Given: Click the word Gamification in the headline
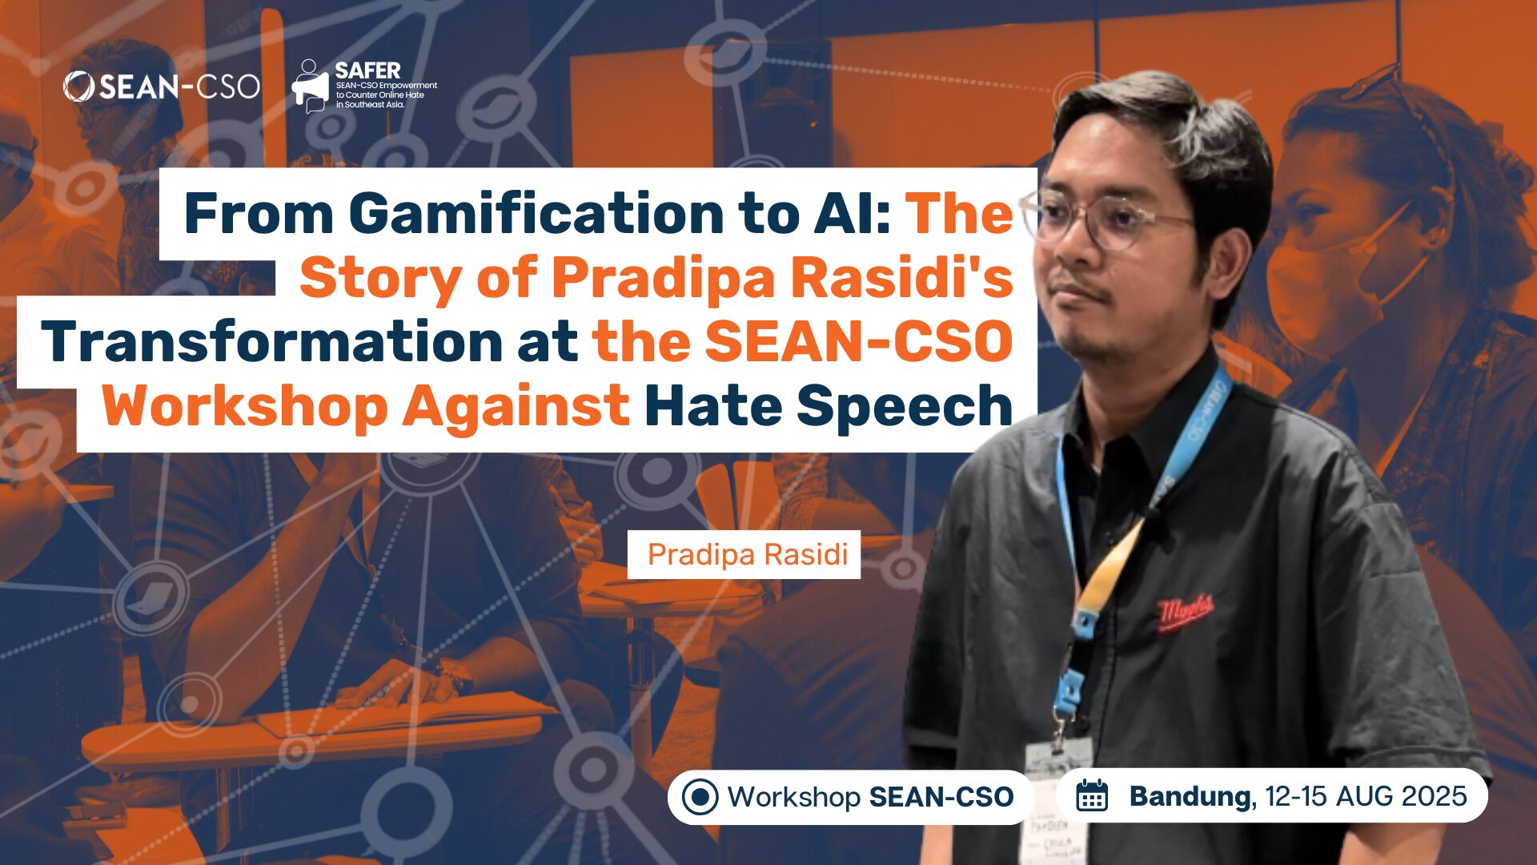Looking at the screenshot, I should point(536,214).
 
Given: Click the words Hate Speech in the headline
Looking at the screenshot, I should point(829,406).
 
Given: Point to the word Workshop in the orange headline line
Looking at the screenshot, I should point(244,406).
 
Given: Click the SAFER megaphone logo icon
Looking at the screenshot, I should point(310,86).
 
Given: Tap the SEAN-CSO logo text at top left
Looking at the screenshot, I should point(163,86).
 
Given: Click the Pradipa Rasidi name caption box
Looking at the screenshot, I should point(744,554).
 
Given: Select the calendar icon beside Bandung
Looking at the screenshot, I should point(1092,796).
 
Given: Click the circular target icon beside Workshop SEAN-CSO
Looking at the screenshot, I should point(700,797).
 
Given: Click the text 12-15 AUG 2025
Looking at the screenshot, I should point(1366,796).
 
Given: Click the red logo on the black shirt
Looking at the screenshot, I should point(1186,612).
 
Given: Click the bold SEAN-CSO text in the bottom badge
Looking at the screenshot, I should point(941,797).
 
